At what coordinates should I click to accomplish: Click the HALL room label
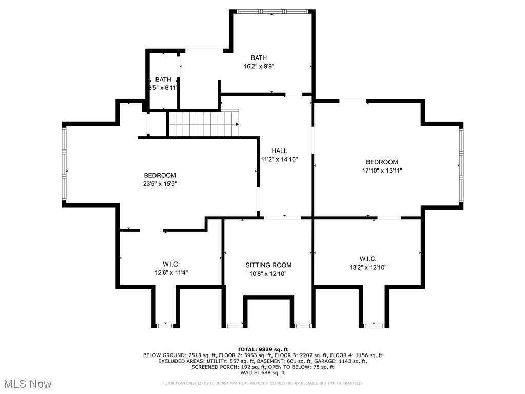pos(279,151)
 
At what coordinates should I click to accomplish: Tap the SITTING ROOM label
pos(268,265)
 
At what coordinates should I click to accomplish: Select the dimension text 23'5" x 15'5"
pos(160,184)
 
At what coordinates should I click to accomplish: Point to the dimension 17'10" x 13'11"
pos(382,171)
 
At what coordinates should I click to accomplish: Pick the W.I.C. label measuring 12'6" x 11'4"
pos(157,264)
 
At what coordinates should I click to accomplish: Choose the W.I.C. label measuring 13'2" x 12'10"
pos(368,258)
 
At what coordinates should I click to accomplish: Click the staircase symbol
pos(204,124)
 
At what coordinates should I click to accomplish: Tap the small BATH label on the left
pos(163,79)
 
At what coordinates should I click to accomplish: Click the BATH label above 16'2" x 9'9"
pos(259,58)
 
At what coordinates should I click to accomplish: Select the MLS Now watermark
pos(28,384)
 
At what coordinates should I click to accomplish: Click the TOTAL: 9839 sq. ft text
pos(262,349)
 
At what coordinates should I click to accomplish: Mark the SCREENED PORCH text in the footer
pos(215,367)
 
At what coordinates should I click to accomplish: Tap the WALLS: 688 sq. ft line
pos(262,373)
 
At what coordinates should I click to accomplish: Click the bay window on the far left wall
pos(64,164)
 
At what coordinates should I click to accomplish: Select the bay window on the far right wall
pos(461,165)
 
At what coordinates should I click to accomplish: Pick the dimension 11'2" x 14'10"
pos(279,159)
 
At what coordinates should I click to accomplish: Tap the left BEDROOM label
pos(160,175)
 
